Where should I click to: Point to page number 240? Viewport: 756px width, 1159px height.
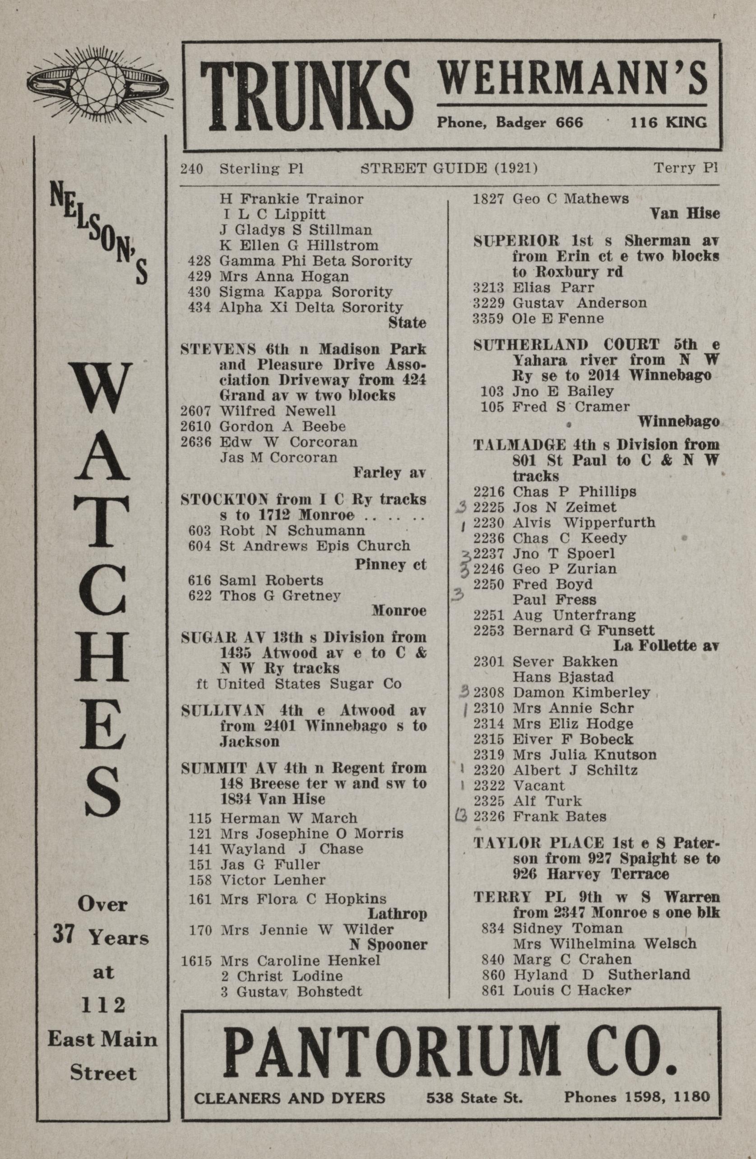tap(191, 168)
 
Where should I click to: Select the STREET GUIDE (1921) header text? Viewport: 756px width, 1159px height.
tap(449, 168)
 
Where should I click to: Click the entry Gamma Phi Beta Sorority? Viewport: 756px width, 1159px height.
tap(315, 261)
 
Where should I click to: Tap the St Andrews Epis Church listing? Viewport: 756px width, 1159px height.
tap(315, 546)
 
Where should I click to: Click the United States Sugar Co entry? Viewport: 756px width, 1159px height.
tap(309, 684)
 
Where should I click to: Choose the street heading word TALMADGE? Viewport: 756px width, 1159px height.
tap(519, 445)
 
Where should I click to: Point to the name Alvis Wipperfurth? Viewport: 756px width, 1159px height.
tap(583, 523)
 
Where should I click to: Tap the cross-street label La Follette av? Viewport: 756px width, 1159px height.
tap(666, 646)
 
